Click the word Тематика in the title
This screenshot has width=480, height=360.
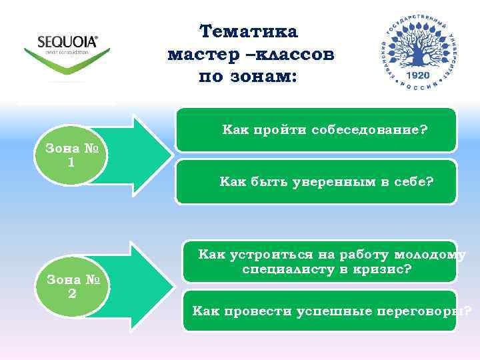(249, 31)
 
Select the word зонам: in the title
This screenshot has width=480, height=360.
(263, 77)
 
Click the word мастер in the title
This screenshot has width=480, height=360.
(197, 54)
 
